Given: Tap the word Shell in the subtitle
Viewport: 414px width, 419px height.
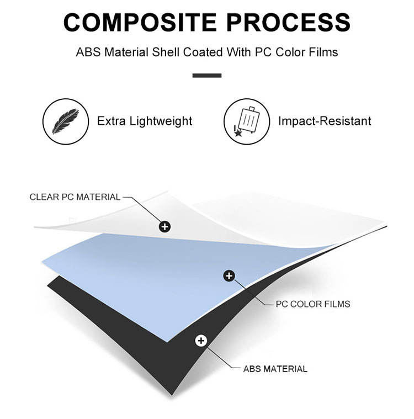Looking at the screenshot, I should [x=163, y=52].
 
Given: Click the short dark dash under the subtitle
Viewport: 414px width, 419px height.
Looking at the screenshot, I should [x=207, y=75].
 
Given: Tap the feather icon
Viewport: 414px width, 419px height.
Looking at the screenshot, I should [x=65, y=121].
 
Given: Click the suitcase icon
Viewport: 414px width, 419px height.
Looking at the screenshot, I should [x=246, y=121].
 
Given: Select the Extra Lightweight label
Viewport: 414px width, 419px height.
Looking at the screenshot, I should [x=145, y=121].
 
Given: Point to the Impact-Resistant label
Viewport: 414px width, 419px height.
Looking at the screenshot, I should [x=325, y=121].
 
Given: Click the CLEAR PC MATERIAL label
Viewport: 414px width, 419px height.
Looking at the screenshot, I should [x=75, y=197].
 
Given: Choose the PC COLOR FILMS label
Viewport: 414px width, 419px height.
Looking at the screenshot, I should [x=312, y=304].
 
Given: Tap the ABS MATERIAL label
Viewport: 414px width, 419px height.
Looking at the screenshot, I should [x=275, y=369].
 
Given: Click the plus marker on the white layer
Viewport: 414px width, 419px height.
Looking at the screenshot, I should [x=164, y=226].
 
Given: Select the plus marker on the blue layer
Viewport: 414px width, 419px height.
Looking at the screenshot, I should [x=229, y=275].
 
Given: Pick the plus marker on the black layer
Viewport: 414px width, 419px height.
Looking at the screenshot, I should [x=201, y=341].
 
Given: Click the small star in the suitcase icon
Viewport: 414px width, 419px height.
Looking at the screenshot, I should [x=238, y=133].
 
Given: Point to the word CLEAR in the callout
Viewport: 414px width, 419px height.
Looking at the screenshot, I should [x=43, y=197].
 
